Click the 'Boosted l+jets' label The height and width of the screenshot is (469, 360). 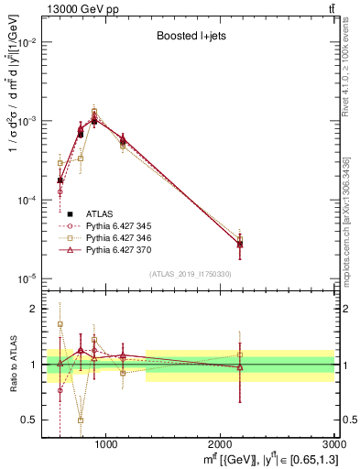tap(186, 38)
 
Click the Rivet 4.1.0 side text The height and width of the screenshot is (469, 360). tap(349, 73)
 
